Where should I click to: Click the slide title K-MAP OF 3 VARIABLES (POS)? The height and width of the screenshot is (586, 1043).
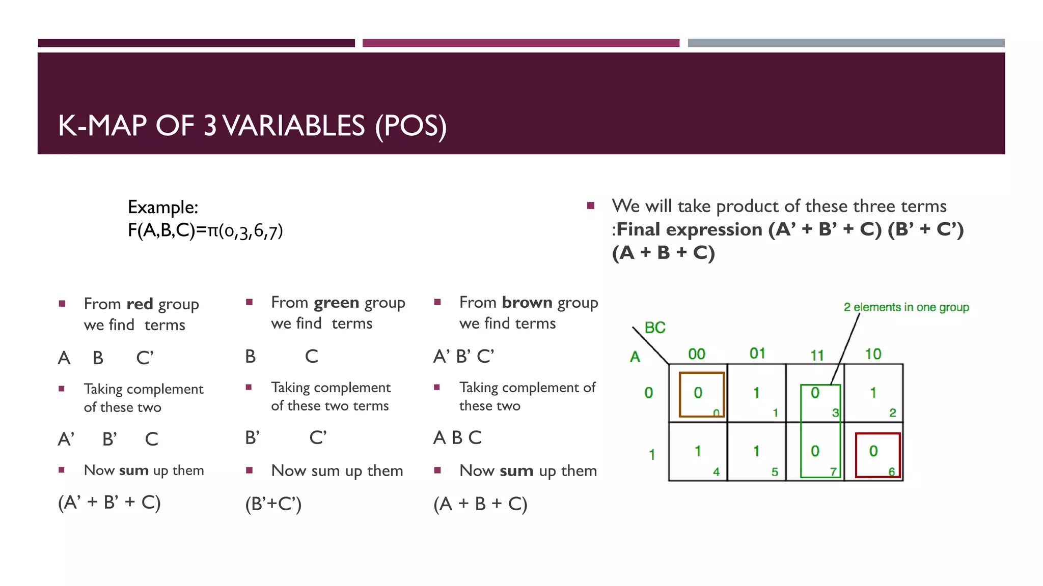click(252, 126)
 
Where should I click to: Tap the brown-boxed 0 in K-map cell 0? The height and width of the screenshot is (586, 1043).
click(698, 393)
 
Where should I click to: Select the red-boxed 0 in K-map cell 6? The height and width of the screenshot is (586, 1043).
click(873, 451)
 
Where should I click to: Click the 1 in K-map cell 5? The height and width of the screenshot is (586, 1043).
click(756, 451)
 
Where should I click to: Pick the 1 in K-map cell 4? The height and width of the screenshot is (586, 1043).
click(698, 451)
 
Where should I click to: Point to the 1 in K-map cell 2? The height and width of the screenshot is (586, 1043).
click(873, 393)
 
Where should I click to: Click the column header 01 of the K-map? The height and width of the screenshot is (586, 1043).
click(757, 353)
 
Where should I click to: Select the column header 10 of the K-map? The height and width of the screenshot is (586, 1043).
click(873, 354)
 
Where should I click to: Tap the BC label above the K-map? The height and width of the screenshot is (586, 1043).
click(655, 328)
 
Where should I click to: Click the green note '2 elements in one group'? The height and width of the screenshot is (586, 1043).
click(906, 307)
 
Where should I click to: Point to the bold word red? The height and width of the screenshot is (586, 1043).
click(140, 304)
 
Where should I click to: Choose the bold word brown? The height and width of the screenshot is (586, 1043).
click(527, 302)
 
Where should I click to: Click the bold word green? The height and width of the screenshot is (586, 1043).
click(337, 302)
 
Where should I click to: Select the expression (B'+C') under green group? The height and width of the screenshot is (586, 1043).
click(273, 504)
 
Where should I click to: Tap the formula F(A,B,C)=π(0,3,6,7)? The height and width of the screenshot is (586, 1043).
click(205, 231)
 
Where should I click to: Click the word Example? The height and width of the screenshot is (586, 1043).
click(163, 207)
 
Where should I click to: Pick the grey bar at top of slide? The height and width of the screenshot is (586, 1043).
click(846, 43)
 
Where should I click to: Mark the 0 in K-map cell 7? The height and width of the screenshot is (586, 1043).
click(815, 451)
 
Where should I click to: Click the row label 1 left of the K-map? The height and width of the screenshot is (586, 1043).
click(652, 454)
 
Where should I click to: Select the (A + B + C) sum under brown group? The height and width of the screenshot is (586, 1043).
click(480, 504)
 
